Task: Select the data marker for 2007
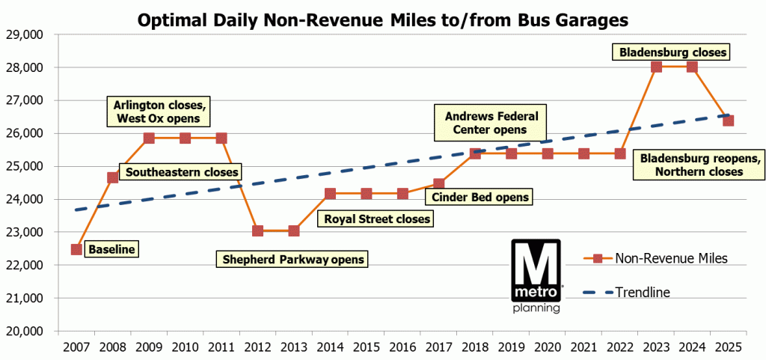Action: click(x=76, y=249)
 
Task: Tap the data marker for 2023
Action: click(x=656, y=67)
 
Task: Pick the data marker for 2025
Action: click(x=728, y=120)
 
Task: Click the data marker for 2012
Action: click(x=257, y=231)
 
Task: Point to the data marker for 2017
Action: click(x=438, y=183)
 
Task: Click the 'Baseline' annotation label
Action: click(x=111, y=249)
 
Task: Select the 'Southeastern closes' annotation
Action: click(x=182, y=173)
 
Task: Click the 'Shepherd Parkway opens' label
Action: click(x=293, y=260)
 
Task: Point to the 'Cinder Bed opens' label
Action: click(x=479, y=198)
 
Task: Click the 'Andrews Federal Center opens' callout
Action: click(x=486, y=123)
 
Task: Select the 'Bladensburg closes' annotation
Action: click(x=670, y=52)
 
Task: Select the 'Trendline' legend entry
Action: click(x=643, y=292)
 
